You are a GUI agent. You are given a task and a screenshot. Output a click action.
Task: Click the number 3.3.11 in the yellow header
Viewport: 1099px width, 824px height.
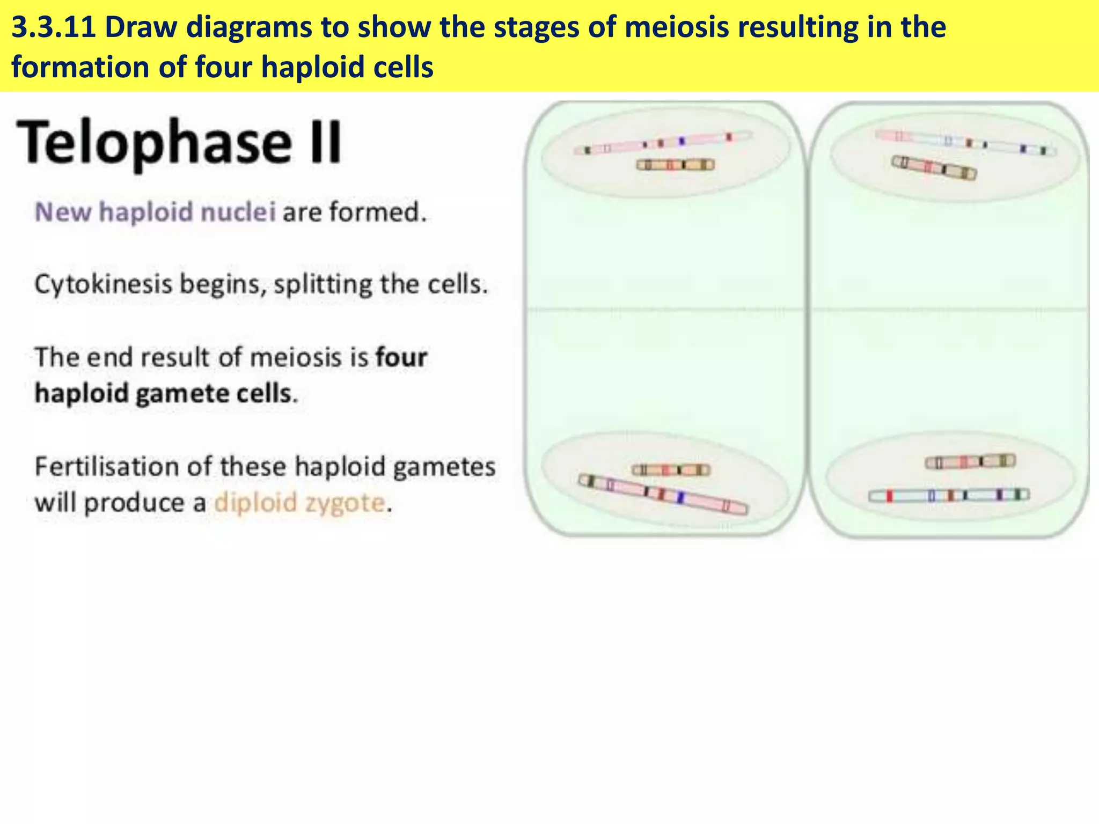pyautogui.click(x=53, y=28)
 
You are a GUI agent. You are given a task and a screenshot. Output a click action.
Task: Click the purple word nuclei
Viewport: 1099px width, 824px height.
pyautogui.click(x=238, y=212)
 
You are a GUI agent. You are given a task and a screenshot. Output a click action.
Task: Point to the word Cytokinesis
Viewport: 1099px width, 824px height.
pyautogui.click(x=103, y=284)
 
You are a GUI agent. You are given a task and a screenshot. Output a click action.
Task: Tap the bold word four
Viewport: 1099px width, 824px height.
pyautogui.click(x=401, y=357)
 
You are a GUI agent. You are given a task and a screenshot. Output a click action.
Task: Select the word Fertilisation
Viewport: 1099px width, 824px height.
pyautogui.click(x=106, y=467)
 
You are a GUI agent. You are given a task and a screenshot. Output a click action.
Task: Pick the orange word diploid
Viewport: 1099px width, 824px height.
pyautogui.click(x=255, y=503)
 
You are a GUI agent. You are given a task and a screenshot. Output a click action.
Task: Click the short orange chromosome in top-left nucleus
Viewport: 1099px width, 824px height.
pyautogui.click(x=675, y=165)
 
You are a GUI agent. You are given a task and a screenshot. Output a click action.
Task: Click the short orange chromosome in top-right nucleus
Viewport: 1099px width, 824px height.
pyautogui.click(x=934, y=168)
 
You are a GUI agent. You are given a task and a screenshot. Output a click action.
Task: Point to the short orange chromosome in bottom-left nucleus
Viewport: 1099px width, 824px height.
pyautogui.click(x=671, y=470)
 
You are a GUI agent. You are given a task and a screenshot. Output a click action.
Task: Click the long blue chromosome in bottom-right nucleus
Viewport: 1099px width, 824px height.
pyautogui.click(x=949, y=495)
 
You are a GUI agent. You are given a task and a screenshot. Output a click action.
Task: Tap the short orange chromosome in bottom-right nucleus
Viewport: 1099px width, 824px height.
pyautogui.click(x=970, y=461)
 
